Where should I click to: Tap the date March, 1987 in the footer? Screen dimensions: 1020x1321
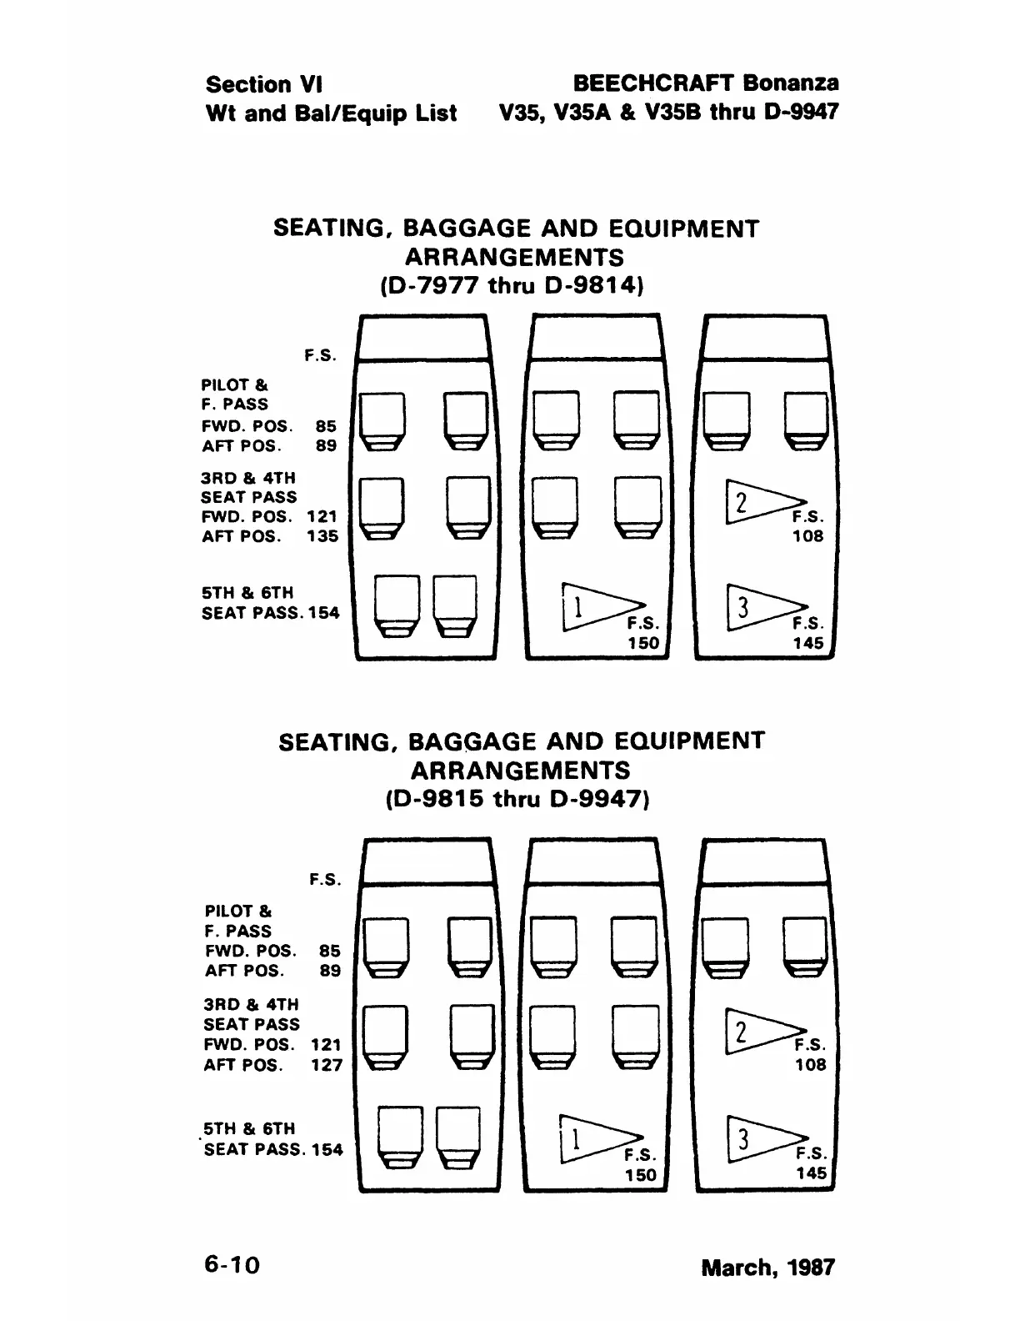pyautogui.click(x=767, y=1268)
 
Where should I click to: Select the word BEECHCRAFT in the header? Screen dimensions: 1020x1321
pyautogui.click(x=653, y=83)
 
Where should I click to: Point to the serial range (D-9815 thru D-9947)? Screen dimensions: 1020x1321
pyautogui.click(x=517, y=799)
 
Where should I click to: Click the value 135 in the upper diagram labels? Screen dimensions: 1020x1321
pyautogui.click(x=322, y=536)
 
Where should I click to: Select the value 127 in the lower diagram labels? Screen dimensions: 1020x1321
pyautogui.click(x=326, y=1065)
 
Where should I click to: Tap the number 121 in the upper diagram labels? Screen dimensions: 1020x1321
pyautogui.click(x=322, y=517)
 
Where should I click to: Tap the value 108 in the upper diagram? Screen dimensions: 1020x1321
pyautogui.click(x=807, y=536)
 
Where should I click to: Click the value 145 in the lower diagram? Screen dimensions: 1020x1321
pyautogui.click(x=811, y=1173)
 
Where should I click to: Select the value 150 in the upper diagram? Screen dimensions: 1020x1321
pyautogui.click(x=642, y=643)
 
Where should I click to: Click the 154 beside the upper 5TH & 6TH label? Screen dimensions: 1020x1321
pyautogui.click(x=324, y=613)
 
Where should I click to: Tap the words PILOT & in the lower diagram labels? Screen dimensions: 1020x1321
pyautogui.click(x=238, y=911)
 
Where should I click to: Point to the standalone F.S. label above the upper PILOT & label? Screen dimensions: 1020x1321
pyautogui.click(x=321, y=355)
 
